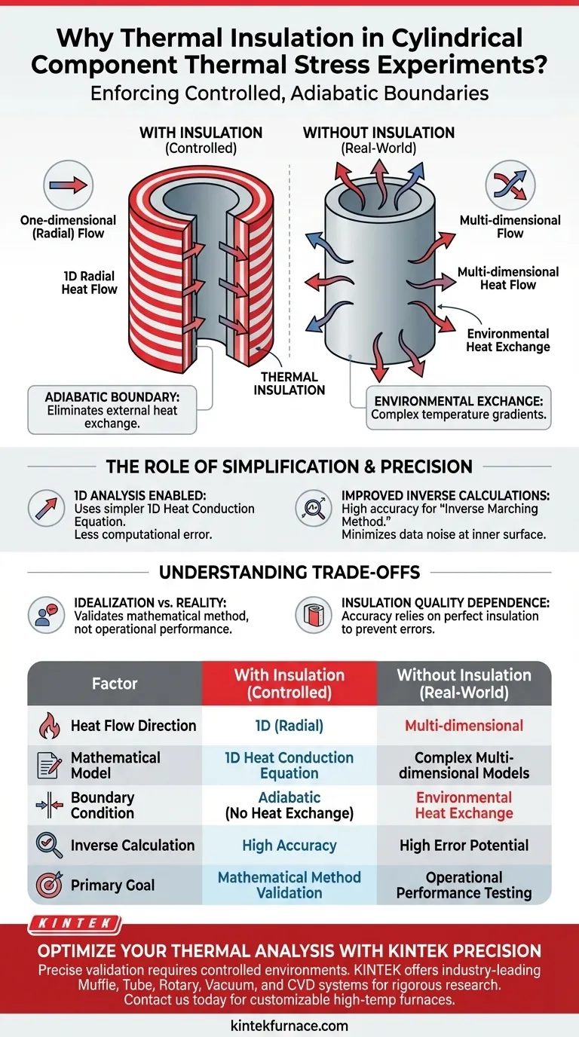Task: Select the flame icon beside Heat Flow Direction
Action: [x=48, y=726]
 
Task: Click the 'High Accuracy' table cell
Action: [x=289, y=846]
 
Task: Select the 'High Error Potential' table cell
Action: [x=464, y=846]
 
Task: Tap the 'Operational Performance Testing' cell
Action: [x=464, y=885]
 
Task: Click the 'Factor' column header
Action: [x=115, y=684]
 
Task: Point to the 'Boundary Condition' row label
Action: [x=103, y=806]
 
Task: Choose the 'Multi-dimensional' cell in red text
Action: [x=464, y=726]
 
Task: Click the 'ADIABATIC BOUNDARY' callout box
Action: [x=112, y=409]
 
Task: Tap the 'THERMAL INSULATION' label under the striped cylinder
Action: [x=289, y=384]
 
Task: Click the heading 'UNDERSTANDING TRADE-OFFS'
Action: [x=289, y=573]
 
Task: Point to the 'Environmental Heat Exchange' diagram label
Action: [x=508, y=340]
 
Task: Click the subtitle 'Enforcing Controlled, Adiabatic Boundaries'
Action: [x=289, y=93]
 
